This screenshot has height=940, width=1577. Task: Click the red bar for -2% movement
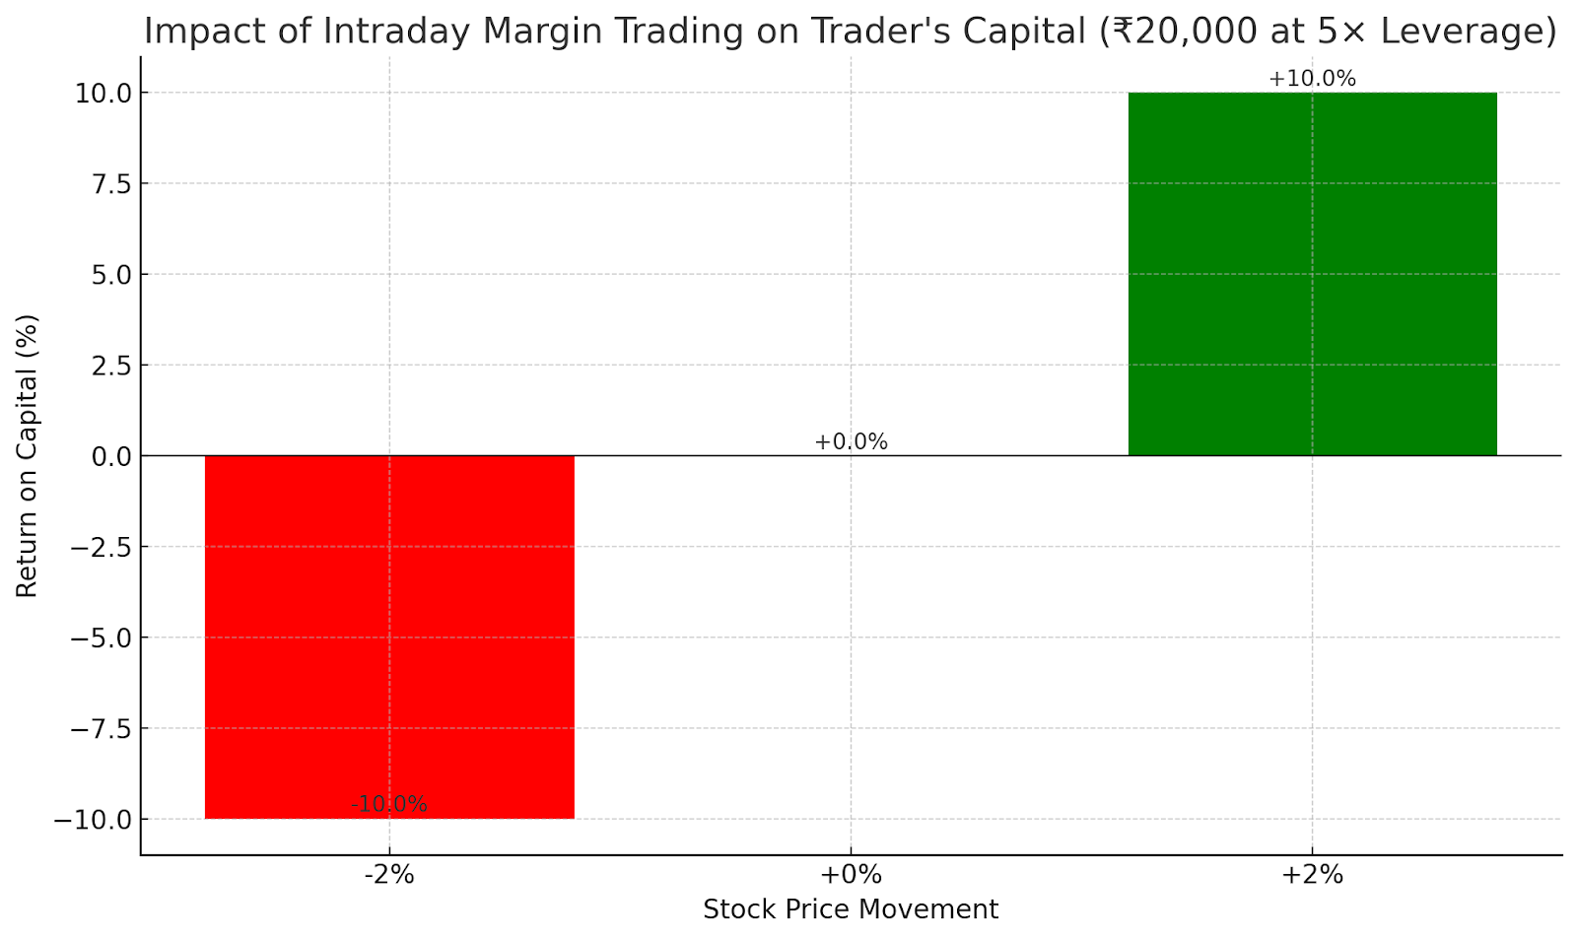point(389,637)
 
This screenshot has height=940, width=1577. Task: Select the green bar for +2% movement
point(1312,274)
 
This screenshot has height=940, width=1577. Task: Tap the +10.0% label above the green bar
point(1312,79)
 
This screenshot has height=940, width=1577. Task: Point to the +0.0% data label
point(851,442)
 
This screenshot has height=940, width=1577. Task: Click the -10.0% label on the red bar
point(389,805)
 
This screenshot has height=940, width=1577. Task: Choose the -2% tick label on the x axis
point(389,874)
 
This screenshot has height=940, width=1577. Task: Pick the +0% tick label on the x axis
point(851,874)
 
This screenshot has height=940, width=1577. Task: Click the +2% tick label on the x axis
point(1312,874)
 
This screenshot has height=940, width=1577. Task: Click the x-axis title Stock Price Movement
point(851,909)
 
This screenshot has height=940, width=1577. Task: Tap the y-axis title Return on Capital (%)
point(27,455)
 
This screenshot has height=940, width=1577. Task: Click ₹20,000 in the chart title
point(1181,32)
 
